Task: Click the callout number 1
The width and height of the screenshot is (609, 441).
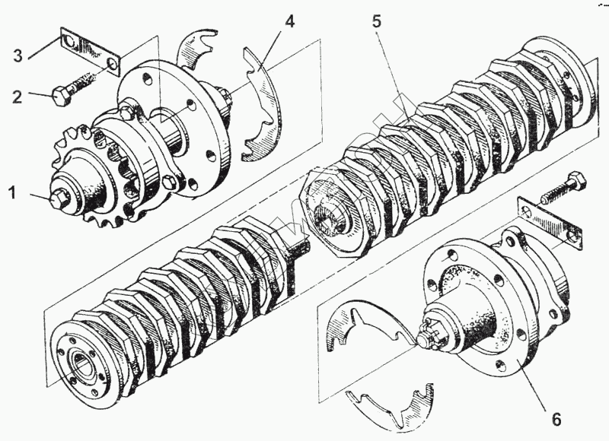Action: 11,194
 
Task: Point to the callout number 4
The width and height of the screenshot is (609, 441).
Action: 290,21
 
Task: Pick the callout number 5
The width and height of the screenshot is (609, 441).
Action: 378,21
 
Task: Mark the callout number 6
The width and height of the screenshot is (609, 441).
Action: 556,419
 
